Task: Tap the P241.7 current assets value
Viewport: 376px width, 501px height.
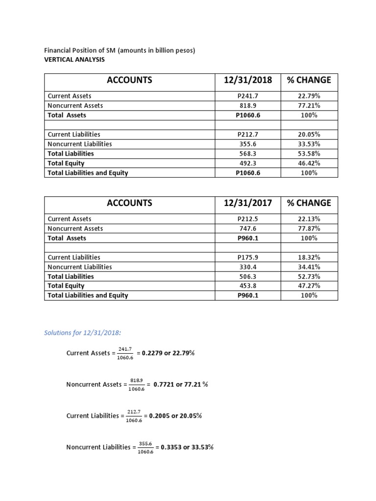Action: pyautogui.click(x=247, y=96)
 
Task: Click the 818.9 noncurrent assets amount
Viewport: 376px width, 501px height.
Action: pyautogui.click(x=247, y=106)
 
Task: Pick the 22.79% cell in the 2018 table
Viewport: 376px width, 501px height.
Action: pyautogui.click(x=309, y=96)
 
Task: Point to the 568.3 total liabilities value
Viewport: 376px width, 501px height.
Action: pyautogui.click(x=247, y=154)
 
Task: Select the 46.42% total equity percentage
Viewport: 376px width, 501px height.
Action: pyautogui.click(x=309, y=163)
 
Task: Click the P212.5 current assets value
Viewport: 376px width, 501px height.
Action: pyautogui.click(x=247, y=219)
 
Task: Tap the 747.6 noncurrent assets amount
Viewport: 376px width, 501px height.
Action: pyautogui.click(x=247, y=228)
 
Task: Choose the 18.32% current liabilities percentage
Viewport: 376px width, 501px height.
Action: pyautogui.click(x=309, y=257)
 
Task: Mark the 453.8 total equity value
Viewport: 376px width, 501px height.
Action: pyautogui.click(x=247, y=286)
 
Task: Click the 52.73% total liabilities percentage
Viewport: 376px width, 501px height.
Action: pyautogui.click(x=309, y=276)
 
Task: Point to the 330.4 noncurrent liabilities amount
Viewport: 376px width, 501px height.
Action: pyautogui.click(x=247, y=267)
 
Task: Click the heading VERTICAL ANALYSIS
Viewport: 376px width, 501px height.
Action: pyautogui.click(x=74, y=60)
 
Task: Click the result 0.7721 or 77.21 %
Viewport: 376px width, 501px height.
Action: pyautogui.click(x=181, y=385)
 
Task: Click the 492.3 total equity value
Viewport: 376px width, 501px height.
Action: pyautogui.click(x=247, y=163)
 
